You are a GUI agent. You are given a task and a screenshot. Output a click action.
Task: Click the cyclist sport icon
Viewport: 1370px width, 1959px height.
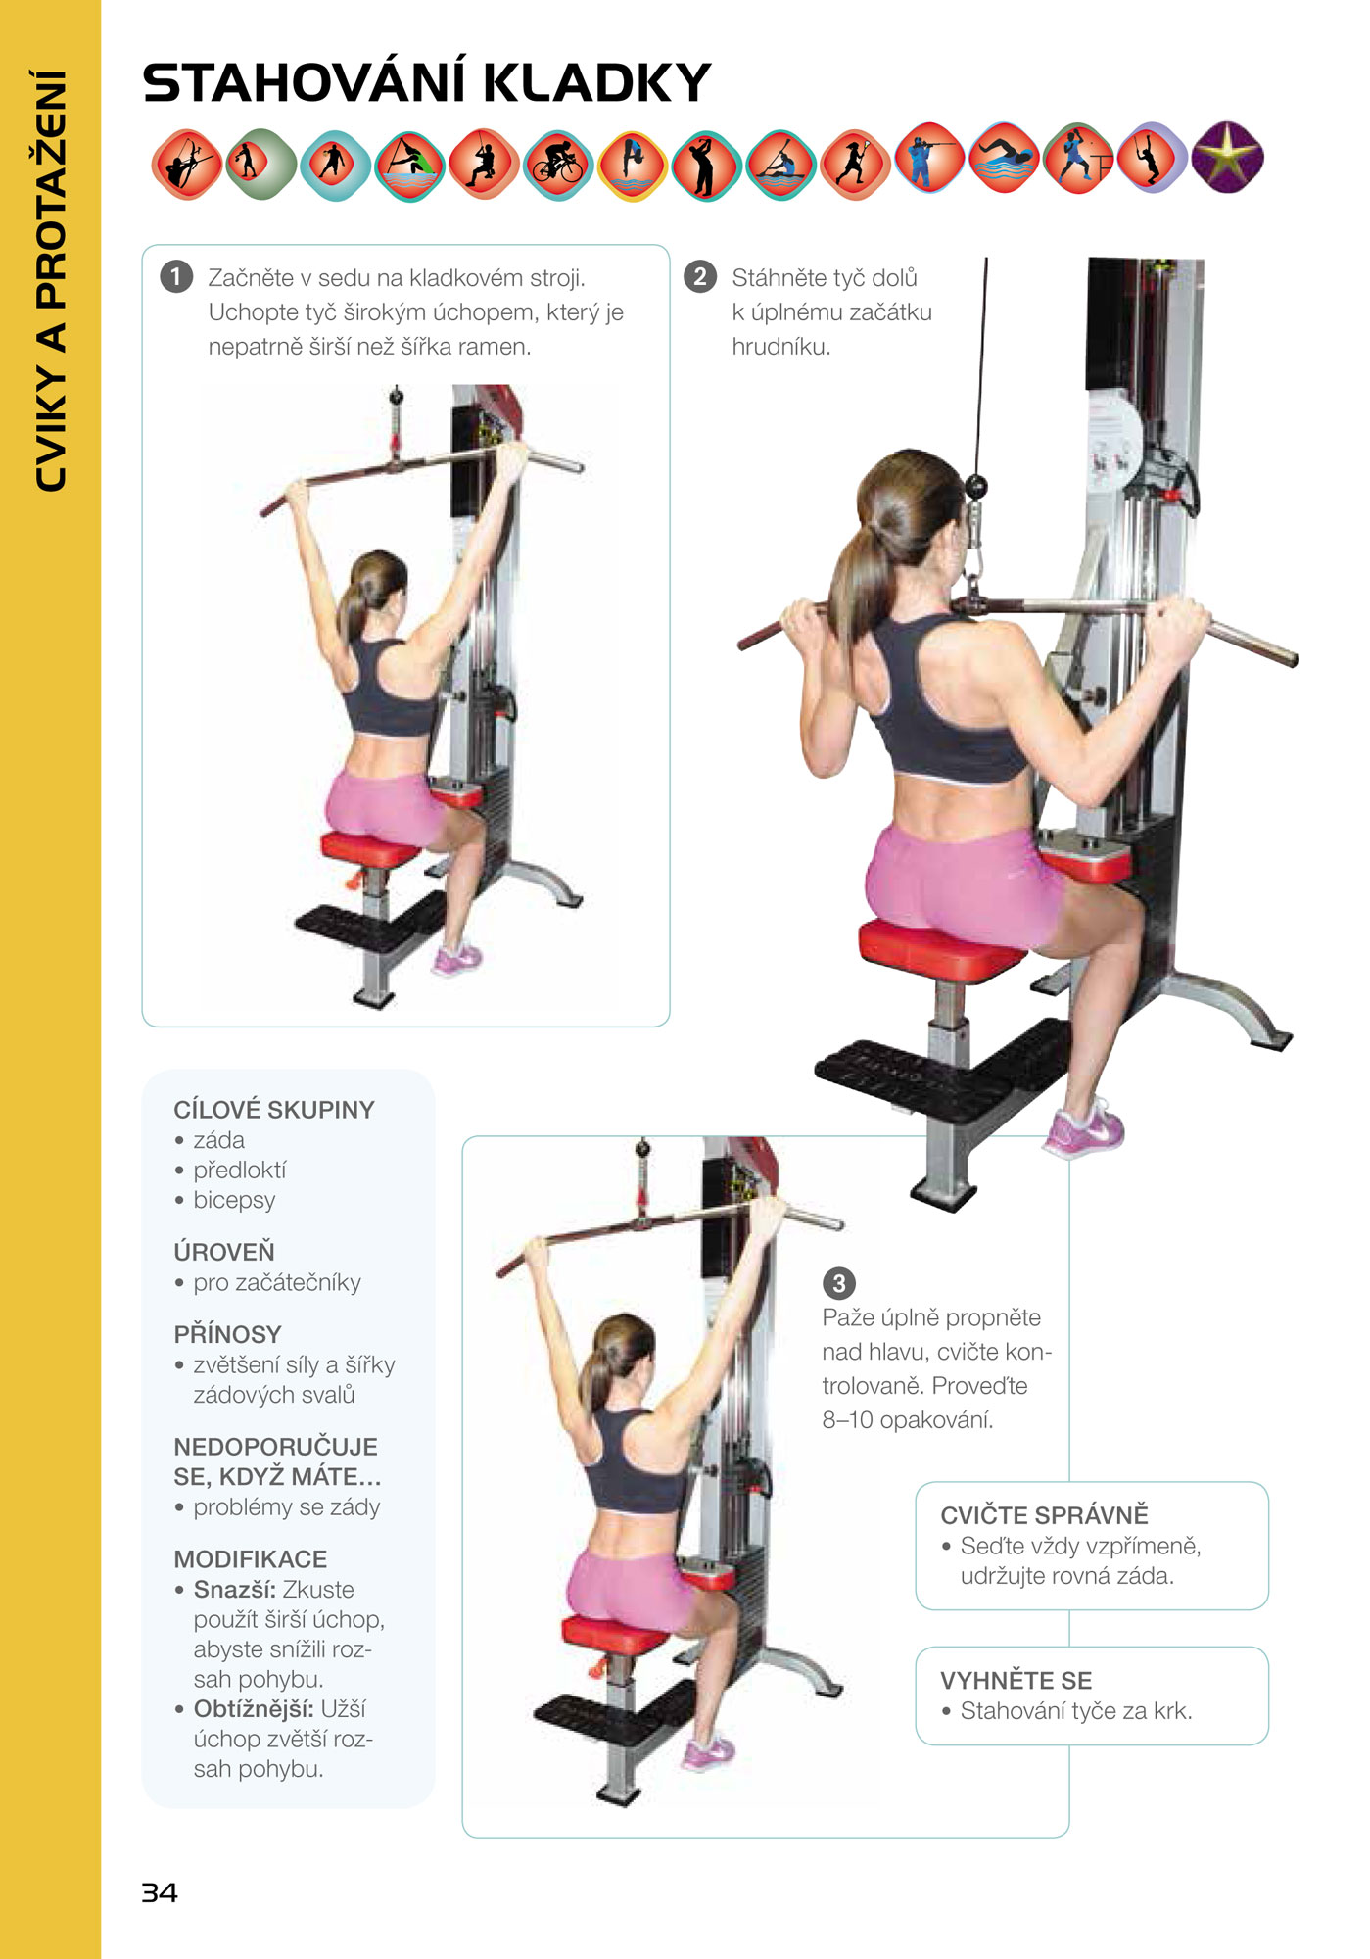[x=558, y=165]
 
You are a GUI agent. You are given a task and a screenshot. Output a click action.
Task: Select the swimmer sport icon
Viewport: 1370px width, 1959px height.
[x=1005, y=158]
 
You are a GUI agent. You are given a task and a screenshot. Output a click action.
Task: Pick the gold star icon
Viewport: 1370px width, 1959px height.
[x=1228, y=158]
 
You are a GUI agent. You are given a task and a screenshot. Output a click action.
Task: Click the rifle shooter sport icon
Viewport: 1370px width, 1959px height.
[x=930, y=158]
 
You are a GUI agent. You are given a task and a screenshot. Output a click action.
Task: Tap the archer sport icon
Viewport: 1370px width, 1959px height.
[x=187, y=165]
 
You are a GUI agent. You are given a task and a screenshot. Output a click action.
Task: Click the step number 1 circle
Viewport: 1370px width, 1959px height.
[x=176, y=277]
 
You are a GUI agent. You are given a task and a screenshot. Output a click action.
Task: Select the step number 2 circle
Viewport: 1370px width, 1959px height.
[x=699, y=277]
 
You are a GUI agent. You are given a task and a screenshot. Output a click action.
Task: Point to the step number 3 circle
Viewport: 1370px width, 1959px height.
[x=838, y=1282]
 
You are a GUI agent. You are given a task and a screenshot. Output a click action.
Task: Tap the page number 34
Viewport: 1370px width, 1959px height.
[x=160, y=1892]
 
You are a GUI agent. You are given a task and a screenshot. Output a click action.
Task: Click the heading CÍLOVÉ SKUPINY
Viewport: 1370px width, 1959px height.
[x=274, y=1110]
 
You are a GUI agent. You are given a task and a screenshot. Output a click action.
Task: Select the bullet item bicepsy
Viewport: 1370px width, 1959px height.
[x=234, y=1201]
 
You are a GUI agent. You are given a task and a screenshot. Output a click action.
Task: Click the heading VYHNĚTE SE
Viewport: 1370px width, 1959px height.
[x=1016, y=1680]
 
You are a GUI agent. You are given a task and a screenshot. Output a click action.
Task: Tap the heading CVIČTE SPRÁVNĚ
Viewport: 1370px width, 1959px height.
[x=1045, y=1514]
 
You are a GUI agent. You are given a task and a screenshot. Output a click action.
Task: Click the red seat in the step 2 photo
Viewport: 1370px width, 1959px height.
[x=940, y=950]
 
